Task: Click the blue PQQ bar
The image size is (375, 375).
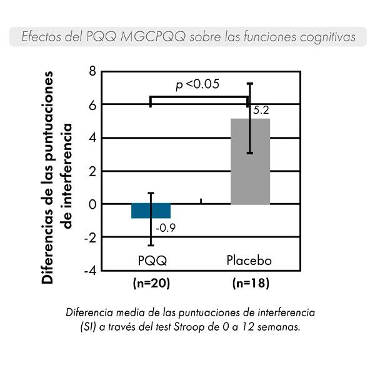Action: tap(151, 211)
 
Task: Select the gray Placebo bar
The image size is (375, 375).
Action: tap(251, 161)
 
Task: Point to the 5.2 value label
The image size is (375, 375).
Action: tap(262, 111)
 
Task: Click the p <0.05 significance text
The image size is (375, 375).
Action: tap(197, 84)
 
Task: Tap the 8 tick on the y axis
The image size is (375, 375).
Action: tap(92, 71)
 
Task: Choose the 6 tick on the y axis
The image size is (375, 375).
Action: tap(92, 104)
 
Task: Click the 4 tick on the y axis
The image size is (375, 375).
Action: tap(92, 137)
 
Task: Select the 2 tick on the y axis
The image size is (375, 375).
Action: tap(92, 171)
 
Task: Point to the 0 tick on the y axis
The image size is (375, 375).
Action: tap(92, 204)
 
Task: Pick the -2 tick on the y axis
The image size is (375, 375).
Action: tap(90, 237)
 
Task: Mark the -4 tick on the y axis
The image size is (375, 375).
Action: tap(90, 270)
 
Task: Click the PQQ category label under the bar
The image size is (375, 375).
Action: tap(151, 259)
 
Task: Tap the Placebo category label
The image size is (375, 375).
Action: tap(250, 259)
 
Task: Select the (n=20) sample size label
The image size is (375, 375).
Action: tap(152, 283)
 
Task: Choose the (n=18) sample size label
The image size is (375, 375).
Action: tap(251, 283)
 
